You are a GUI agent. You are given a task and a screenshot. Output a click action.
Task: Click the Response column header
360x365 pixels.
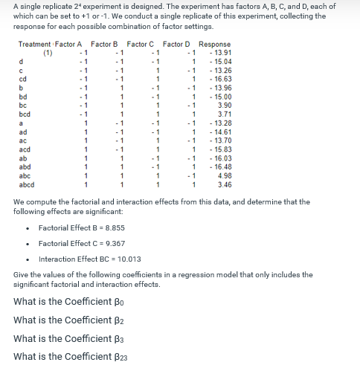(215, 44)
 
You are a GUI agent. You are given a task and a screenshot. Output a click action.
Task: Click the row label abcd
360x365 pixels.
(26, 184)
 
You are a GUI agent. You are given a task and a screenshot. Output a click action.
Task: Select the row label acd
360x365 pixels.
(24, 149)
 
